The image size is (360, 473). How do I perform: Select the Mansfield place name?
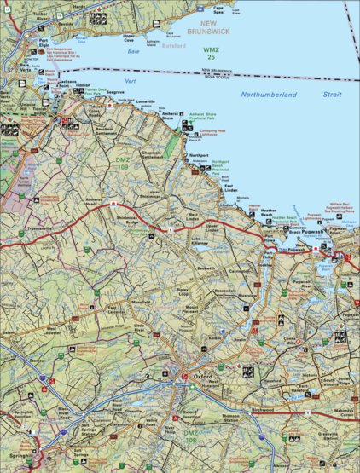(139, 302)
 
